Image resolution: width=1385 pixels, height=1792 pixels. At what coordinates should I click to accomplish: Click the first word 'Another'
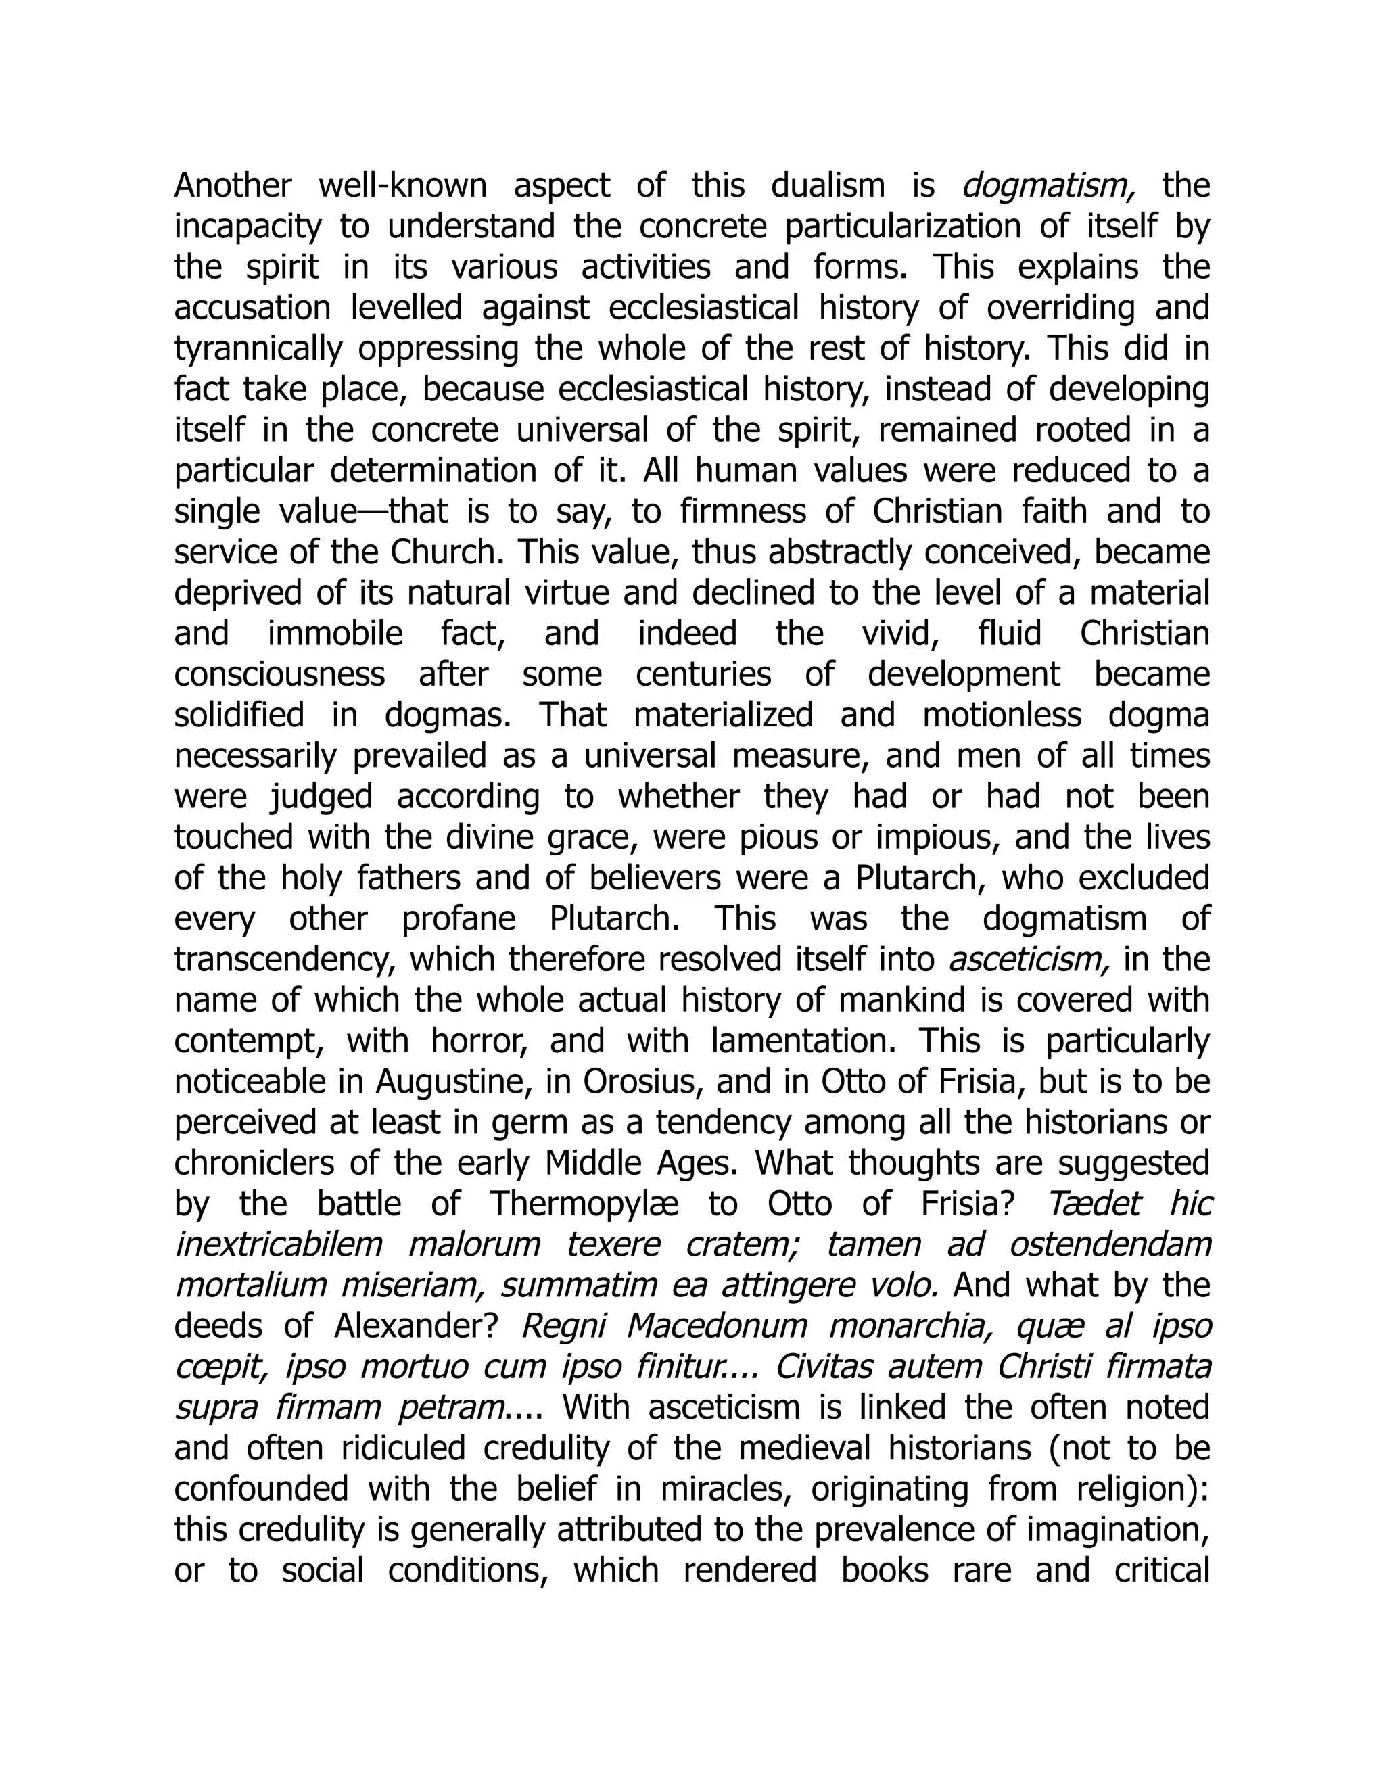point(233,186)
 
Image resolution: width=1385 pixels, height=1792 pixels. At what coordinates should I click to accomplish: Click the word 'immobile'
point(335,634)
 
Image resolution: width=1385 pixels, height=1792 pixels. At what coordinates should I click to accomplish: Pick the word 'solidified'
point(239,715)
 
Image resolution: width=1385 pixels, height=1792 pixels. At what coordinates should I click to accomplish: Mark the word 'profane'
point(459,919)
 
